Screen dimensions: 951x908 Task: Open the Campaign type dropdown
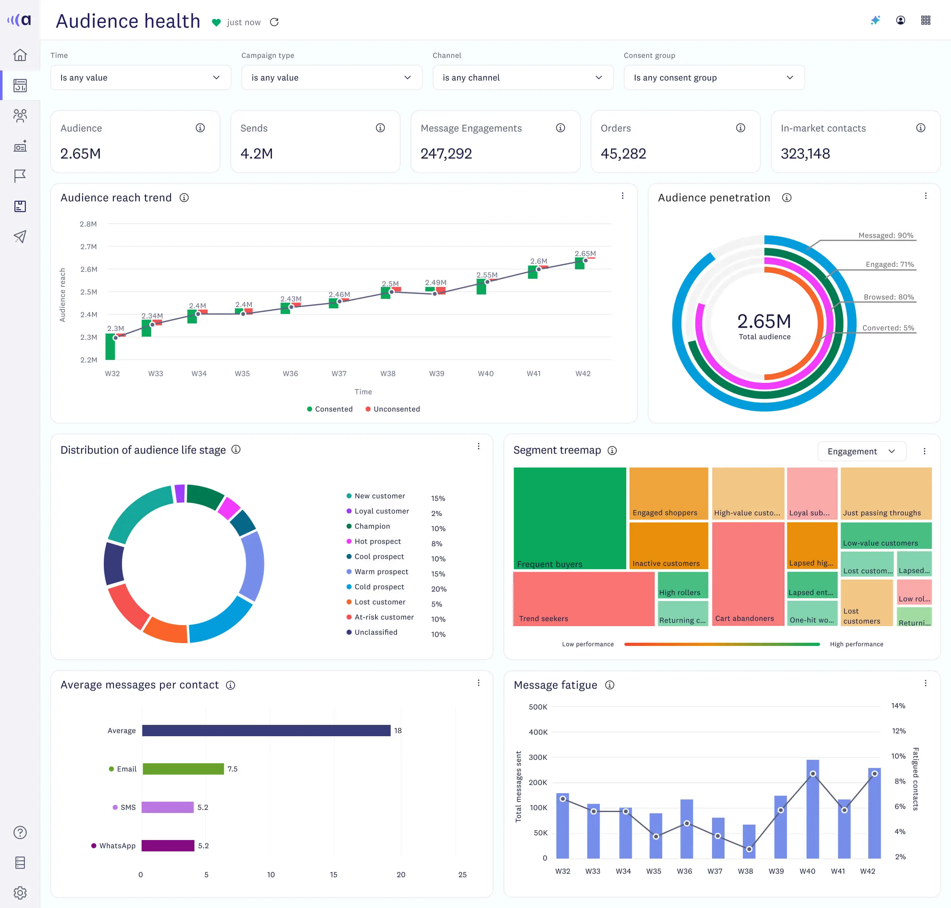click(331, 77)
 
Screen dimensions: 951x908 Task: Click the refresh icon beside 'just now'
click(274, 22)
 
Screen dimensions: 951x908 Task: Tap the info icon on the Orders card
click(740, 128)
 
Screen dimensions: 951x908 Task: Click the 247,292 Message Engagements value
click(446, 154)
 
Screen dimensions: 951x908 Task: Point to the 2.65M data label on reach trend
click(585, 254)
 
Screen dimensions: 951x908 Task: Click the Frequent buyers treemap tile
click(570, 518)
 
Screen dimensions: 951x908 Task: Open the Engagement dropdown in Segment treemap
click(861, 451)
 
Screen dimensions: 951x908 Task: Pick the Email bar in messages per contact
click(183, 769)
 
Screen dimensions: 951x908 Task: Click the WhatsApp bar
click(168, 846)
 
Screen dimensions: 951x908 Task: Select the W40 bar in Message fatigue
click(813, 809)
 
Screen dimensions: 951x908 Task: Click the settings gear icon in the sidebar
click(20, 893)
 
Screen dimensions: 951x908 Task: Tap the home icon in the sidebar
click(20, 55)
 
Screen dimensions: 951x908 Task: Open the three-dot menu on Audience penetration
click(925, 196)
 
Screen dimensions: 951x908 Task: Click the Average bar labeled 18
click(266, 730)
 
